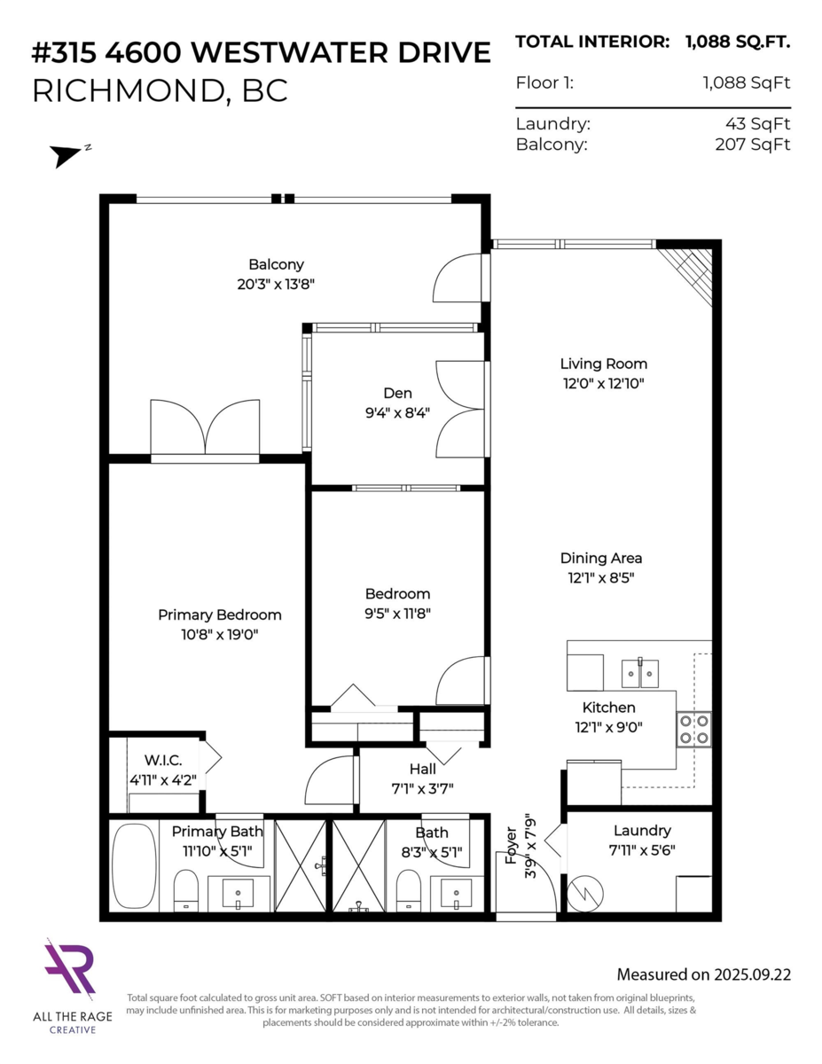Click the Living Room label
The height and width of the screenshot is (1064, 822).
click(603, 364)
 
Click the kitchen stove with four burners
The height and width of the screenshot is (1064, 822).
click(693, 729)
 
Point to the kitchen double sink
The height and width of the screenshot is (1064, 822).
click(640, 674)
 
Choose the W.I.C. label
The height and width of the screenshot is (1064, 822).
click(163, 760)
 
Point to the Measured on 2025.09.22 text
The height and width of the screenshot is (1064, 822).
click(703, 974)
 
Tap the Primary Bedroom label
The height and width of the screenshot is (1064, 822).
click(219, 614)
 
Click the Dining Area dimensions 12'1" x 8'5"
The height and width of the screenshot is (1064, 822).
click(600, 577)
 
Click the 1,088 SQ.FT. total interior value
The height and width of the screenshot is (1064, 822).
click(737, 42)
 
